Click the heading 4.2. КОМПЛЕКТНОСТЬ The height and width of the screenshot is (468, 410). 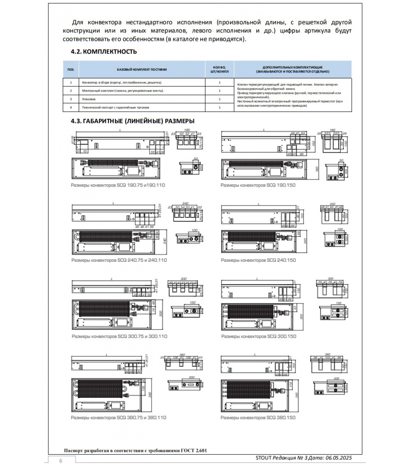coord(104,52)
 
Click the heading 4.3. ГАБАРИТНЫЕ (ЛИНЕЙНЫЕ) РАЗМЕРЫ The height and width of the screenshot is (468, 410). coord(133,121)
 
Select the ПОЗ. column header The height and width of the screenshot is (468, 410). coord(71,70)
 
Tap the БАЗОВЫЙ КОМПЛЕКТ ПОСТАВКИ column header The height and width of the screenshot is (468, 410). coord(142,70)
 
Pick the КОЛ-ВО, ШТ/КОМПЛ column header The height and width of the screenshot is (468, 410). coord(220,70)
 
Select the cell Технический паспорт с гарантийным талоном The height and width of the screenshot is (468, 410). coord(116,107)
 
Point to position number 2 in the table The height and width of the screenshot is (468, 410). coord(71,91)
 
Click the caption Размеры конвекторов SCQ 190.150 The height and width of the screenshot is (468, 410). coord(258,185)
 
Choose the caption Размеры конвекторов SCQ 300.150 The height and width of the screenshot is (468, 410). coord(259,336)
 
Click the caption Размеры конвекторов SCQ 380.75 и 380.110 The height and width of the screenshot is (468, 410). coord(118,417)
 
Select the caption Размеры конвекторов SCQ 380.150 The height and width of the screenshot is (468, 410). coord(258,417)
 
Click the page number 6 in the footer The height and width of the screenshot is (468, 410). coord(61,461)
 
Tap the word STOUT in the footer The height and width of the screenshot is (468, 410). coord(264,458)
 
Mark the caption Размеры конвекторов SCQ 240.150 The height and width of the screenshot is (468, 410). coord(258,260)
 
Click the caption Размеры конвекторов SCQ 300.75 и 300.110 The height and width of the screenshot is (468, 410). coord(119,336)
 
